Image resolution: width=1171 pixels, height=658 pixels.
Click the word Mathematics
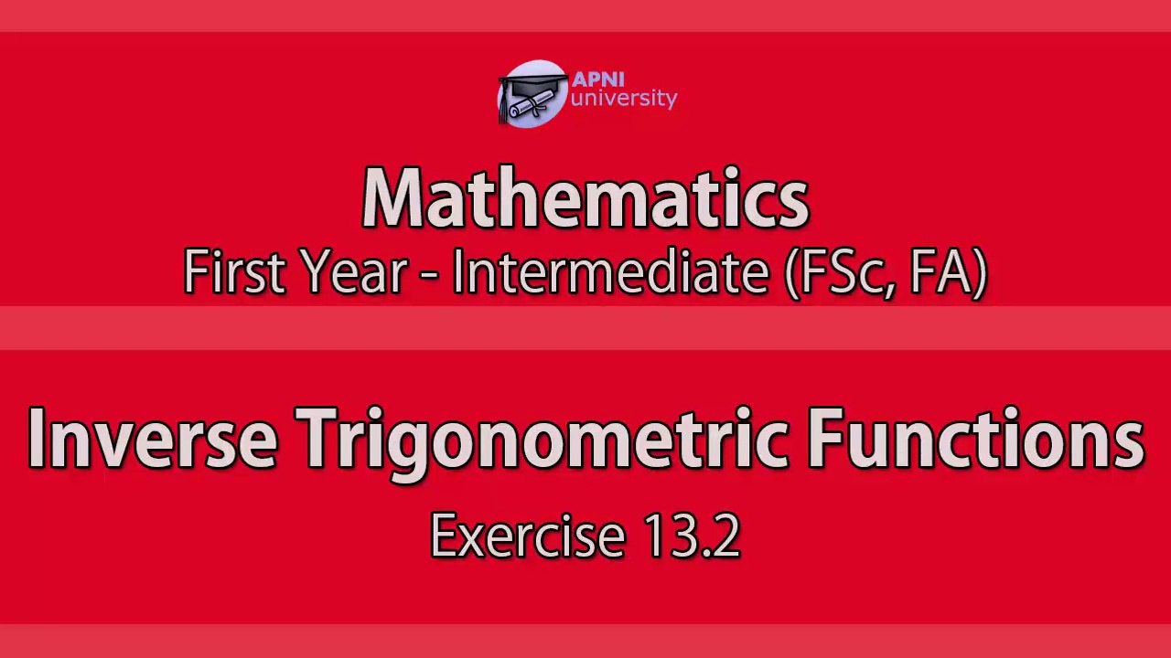point(585,197)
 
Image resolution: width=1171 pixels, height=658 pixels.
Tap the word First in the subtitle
point(235,271)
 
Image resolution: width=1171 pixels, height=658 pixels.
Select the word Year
point(355,271)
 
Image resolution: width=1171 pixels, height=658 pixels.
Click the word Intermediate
point(611,271)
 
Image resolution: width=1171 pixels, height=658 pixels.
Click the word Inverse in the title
point(152,438)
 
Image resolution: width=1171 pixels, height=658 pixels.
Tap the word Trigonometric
point(541,444)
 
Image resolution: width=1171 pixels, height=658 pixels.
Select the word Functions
point(976,438)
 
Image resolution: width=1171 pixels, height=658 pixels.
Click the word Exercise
point(528,535)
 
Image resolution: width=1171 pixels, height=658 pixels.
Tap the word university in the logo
point(623,99)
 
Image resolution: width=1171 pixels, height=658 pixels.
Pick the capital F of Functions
point(825,438)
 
